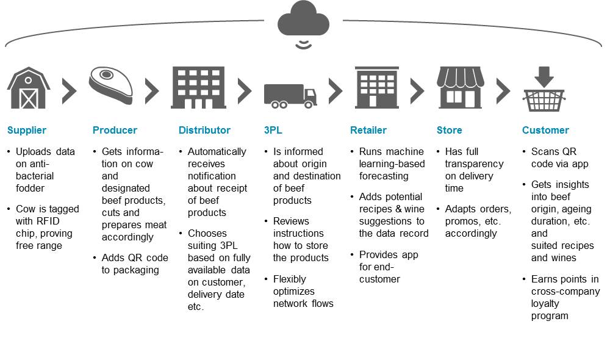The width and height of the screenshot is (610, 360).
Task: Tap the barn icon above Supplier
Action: click(x=28, y=88)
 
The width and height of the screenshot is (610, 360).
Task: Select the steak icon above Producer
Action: click(x=111, y=85)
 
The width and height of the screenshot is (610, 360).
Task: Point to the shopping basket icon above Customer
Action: click(x=544, y=92)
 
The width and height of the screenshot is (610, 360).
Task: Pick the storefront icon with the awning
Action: click(x=461, y=87)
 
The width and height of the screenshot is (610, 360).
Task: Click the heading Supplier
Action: click(x=26, y=130)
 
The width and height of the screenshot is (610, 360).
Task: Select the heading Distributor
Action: click(x=204, y=130)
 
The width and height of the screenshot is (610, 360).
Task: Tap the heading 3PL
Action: click(x=273, y=130)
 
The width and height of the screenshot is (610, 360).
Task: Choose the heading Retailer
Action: click(x=368, y=130)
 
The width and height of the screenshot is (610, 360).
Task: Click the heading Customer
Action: click(x=545, y=130)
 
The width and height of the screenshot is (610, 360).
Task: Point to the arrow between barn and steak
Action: click(x=70, y=91)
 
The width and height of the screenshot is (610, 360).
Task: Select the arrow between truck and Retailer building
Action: click(x=335, y=91)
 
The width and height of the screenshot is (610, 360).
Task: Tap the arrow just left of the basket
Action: click(x=503, y=91)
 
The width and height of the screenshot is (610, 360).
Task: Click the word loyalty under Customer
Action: click(x=545, y=303)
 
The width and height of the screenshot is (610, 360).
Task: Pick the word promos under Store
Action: click(x=462, y=221)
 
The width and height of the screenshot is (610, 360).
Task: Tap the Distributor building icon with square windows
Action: click(x=199, y=88)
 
